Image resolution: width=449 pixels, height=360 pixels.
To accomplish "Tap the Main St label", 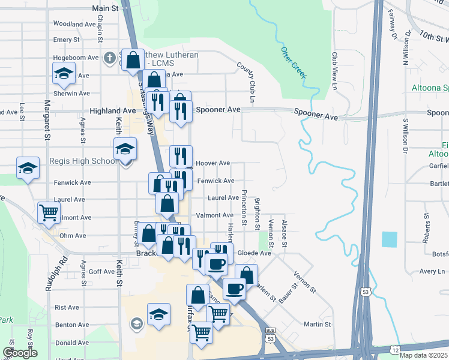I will coord(106,8).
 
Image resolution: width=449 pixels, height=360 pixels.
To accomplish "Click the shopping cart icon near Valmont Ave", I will coord(48,212).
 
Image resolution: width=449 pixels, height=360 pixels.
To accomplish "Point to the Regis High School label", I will coord(88,161).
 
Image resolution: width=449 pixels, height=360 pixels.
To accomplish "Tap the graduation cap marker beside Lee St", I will coord(28,170).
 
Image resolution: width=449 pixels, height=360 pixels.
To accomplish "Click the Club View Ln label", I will coord(335,71).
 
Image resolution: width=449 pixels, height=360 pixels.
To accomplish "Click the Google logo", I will coord(20,353).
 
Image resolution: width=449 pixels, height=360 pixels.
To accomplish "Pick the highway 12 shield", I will coord(395,349).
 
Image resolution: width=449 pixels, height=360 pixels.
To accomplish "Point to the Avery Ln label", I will coord(432,271).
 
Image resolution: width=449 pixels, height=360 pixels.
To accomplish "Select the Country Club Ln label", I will coord(246,81).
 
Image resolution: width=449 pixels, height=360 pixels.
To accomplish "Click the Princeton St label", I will coord(244,208).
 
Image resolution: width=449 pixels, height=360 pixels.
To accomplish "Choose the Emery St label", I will coord(67,40).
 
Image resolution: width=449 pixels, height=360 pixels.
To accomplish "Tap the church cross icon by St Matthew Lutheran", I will coord(109,58).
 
